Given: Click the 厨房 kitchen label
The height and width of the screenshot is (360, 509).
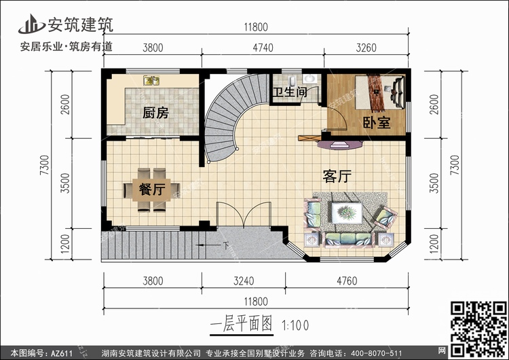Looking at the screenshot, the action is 155,113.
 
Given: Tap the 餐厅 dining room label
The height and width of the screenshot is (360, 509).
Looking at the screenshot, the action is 152,189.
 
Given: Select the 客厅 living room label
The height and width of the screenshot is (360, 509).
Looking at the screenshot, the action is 337,177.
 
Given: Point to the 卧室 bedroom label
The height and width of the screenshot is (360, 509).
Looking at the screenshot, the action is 377,123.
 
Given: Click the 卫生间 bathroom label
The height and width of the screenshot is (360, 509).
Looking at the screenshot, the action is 290,92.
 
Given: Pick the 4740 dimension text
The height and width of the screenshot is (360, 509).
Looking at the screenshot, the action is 263,48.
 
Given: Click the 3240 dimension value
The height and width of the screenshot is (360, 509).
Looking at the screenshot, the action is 244,281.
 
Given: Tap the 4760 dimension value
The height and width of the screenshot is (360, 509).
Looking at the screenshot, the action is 347,281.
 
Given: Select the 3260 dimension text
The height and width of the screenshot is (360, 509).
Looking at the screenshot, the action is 366,48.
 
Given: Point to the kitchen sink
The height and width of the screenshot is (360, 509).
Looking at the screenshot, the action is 151,80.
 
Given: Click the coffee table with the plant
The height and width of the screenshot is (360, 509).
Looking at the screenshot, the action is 347,213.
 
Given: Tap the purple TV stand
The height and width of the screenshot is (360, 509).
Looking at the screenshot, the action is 340,145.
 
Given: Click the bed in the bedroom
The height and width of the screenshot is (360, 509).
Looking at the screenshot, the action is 380,92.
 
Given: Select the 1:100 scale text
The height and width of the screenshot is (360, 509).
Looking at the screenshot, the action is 295,325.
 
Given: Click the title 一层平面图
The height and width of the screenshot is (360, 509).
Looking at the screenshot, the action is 241,324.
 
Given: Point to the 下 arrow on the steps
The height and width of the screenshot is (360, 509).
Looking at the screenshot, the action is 212,245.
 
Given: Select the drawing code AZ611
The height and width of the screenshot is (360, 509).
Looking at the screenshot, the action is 61,353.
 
